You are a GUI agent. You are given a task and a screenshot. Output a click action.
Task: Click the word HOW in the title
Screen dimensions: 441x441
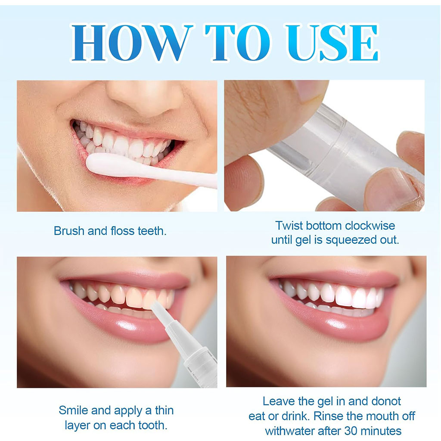131,43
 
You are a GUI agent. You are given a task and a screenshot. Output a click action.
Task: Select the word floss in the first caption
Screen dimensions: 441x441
122,231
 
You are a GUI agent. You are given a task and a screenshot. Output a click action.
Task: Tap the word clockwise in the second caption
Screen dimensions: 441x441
370,226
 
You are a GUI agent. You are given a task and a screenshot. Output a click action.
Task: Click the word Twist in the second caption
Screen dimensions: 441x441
289,226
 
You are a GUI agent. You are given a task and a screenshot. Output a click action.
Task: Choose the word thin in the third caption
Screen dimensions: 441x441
164,410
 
